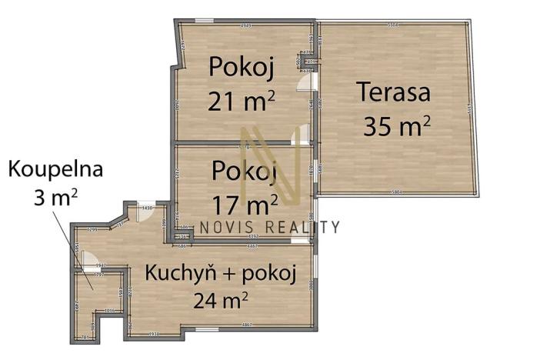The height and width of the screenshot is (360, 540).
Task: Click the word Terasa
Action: click(x=393, y=94)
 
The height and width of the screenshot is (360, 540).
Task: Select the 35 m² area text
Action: click(x=396, y=125)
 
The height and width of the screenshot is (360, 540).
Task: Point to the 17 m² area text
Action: click(x=245, y=205)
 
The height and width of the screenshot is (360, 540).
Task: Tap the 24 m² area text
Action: click(x=220, y=299)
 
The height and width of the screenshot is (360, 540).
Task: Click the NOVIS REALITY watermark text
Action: click(x=268, y=226)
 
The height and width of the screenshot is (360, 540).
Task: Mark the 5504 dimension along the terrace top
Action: click(x=392, y=25)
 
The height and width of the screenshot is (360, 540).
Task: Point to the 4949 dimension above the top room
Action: click(x=246, y=25)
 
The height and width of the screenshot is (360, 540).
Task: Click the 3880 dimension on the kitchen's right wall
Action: click(x=310, y=285)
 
